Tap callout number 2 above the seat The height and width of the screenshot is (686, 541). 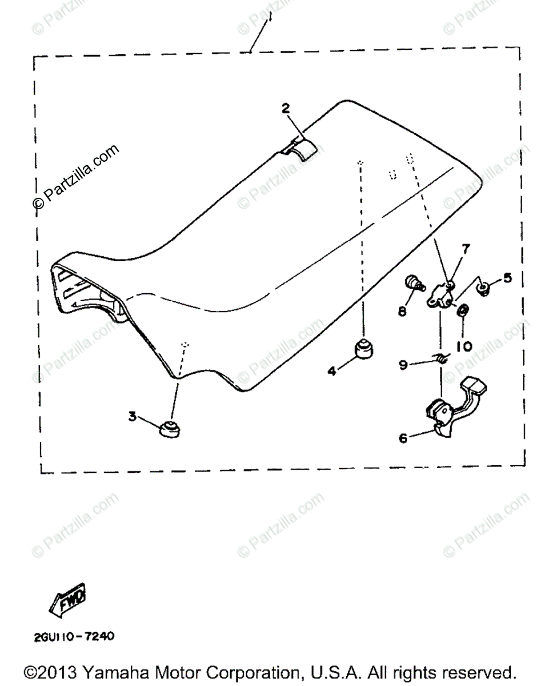click(x=286, y=107)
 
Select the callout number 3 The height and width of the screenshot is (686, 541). click(x=133, y=417)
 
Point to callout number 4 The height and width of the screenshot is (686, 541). click(x=331, y=370)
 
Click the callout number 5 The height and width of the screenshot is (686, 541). click(x=507, y=278)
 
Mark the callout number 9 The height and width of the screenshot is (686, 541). click(x=403, y=364)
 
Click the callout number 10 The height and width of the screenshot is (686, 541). click(x=464, y=346)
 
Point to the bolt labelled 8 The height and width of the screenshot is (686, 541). click(x=414, y=282)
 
